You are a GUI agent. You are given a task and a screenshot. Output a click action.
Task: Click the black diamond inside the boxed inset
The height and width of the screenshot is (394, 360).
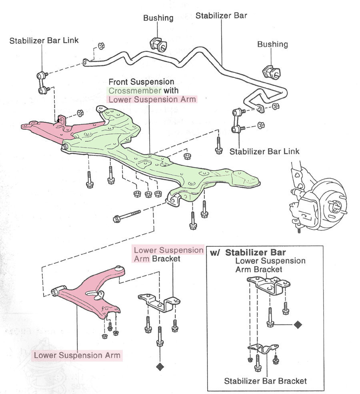(297, 324)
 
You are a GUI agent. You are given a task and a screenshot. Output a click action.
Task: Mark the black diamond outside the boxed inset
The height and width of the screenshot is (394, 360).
(160, 366)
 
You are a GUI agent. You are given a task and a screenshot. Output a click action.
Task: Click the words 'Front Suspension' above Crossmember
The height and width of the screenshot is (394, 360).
(136, 82)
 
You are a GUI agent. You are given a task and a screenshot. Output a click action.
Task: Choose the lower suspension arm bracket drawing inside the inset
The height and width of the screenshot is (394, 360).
(268, 284)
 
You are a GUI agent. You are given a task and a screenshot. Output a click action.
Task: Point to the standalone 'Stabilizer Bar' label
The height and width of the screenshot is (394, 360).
(221, 16)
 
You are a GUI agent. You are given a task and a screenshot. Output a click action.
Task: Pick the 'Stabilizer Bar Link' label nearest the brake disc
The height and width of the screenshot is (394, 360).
(264, 152)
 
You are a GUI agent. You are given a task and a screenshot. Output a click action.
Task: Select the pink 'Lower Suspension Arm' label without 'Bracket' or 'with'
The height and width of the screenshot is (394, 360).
(77, 355)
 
